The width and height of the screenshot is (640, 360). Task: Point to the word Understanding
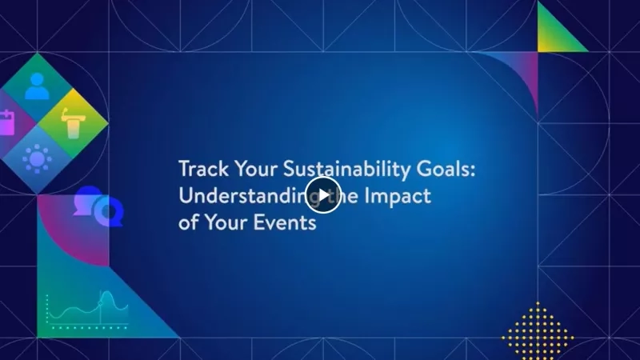(x=240, y=196)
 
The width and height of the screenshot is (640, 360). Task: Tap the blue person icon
(x=37, y=86)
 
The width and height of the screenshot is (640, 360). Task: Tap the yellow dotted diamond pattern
(x=537, y=329)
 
